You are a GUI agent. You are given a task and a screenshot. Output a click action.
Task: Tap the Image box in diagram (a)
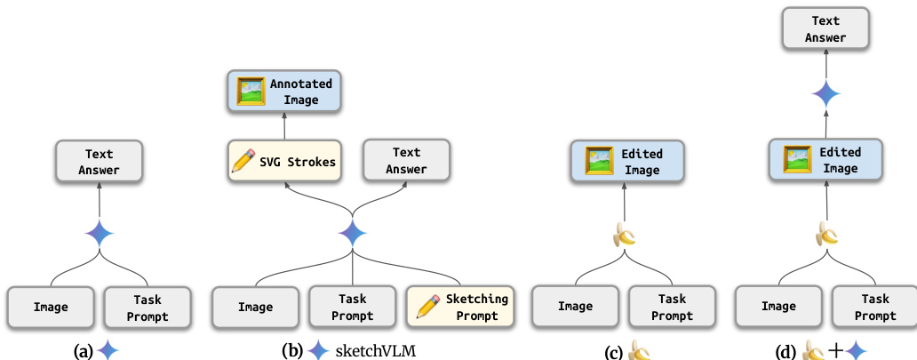click(x=51, y=307)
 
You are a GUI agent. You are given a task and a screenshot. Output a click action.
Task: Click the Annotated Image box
click(x=284, y=92)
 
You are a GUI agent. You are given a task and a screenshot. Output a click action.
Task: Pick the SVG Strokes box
click(x=284, y=161)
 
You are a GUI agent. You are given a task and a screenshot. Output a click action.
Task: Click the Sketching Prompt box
click(x=461, y=307)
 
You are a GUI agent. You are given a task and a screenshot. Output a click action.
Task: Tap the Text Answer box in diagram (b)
click(x=406, y=161)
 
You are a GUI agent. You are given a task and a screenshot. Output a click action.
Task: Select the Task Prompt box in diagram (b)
click(x=353, y=307)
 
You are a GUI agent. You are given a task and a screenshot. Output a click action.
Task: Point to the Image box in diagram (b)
click(x=256, y=307)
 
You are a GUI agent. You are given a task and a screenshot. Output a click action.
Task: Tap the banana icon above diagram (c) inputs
click(x=625, y=235)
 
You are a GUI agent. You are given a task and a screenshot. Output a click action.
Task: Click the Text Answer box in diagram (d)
click(x=826, y=30)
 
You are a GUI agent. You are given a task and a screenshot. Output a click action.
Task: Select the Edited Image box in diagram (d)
click(x=826, y=161)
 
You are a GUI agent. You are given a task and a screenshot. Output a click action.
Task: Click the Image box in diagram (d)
click(x=778, y=307)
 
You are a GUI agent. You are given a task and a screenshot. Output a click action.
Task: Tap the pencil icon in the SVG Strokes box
click(x=242, y=162)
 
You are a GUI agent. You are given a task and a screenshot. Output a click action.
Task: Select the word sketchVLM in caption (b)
click(x=375, y=350)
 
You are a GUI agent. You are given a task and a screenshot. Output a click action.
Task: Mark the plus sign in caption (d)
click(x=835, y=350)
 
